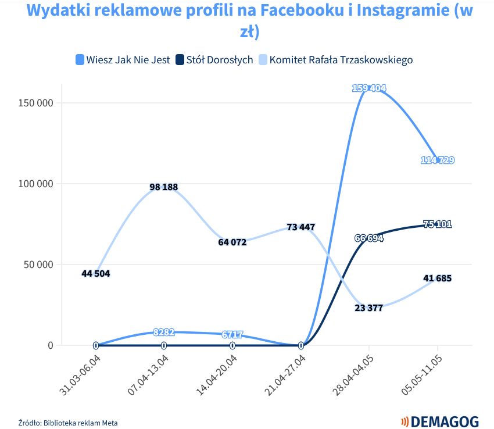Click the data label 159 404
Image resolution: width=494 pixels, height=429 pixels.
click(368, 88)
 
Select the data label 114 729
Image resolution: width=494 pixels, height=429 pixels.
click(437, 160)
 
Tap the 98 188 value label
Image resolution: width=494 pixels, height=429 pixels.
click(163, 187)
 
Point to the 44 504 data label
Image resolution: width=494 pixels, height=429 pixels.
click(95, 273)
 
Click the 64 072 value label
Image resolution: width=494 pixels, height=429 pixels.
click(232, 242)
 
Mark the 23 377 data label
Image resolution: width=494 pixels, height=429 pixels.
click(368, 308)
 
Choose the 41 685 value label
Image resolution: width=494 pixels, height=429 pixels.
click(437, 278)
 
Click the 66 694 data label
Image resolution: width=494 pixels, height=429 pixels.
click(368, 238)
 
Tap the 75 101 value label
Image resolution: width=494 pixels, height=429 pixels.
click(437, 224)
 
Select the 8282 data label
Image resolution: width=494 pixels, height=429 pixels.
click(163, 332)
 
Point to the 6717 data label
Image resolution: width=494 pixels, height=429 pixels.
click(232, 334)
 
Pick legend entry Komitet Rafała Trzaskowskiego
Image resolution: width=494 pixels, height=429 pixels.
click(335, 60)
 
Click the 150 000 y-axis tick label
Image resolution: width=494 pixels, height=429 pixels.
click(37, 103)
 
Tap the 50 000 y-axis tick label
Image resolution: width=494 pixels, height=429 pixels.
click(39, 264)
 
